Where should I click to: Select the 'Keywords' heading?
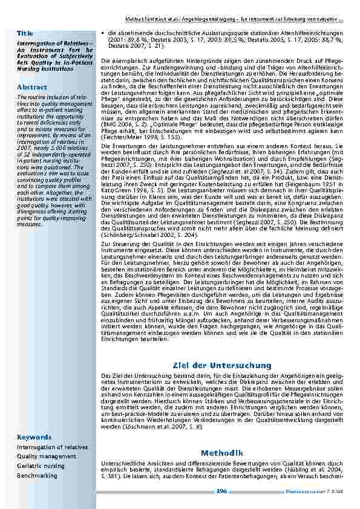(34, 437)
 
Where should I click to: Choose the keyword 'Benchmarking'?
(37, 475)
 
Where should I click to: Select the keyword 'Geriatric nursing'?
(41, 466)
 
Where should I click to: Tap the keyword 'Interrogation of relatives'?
(47, 447)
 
